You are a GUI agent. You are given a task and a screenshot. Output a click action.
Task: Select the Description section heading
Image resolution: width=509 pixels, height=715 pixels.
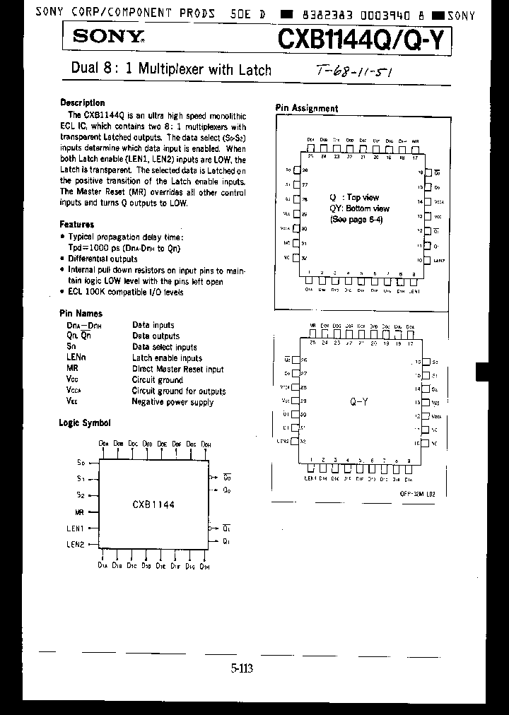coord(82,103)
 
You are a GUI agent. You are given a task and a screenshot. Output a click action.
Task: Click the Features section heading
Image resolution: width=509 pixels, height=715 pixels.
coord(77,225)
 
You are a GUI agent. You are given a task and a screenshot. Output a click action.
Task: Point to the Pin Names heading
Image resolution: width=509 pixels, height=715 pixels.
coord(81,314)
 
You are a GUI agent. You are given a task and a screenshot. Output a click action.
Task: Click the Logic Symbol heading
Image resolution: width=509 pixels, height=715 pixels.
coord(85,423)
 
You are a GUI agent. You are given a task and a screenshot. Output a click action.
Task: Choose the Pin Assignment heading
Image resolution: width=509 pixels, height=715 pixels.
coord(306,109)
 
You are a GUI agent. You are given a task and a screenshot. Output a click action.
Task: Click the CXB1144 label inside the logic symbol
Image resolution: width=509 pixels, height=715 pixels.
coord(153,505)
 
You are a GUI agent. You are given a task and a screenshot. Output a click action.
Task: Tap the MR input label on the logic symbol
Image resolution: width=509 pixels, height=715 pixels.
coord(80,512)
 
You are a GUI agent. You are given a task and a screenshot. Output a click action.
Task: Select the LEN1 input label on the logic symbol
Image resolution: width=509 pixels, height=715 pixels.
coord(76,528)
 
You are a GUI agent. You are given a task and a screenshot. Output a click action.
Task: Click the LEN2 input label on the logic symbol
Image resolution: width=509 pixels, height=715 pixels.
coord(76,544)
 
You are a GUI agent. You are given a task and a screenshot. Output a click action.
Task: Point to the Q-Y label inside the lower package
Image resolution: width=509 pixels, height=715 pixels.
coord(358,401)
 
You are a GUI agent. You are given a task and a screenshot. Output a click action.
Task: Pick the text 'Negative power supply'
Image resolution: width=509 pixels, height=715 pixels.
coord(172,402)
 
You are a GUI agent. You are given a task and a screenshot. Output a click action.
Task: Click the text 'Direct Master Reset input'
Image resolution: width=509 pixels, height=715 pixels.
coord(177,370)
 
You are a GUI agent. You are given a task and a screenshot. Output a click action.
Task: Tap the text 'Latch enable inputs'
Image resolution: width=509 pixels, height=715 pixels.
coord(167,358)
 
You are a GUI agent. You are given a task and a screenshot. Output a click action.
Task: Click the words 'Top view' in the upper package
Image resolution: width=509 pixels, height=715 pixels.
coord(363,198)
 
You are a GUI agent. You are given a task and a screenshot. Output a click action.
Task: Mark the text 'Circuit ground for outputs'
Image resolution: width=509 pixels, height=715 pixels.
coord(179,391)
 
